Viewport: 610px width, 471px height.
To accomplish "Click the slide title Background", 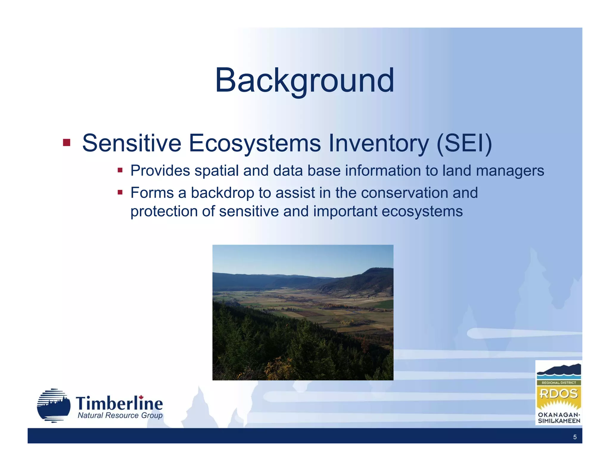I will click(304, 80).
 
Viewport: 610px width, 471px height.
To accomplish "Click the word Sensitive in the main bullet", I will click(131, 143).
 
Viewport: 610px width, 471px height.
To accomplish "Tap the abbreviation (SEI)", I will click(464, 144).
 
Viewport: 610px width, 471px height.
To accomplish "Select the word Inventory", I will click(378, 144).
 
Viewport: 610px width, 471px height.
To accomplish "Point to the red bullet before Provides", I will click(120, 170).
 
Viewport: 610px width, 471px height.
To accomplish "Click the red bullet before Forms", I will click(120, 192).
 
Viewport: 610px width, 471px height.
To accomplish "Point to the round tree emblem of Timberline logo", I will click(54, 406).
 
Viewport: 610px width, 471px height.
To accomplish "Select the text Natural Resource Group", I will click(120, 416).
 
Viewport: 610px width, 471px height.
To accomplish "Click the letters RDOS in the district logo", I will click(558, 394).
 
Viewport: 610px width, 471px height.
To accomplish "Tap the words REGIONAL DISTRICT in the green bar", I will click(558, 383).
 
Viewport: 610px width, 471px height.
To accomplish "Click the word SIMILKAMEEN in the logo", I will click(559, 421).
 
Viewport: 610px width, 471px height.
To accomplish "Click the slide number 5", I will click(575, 437).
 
